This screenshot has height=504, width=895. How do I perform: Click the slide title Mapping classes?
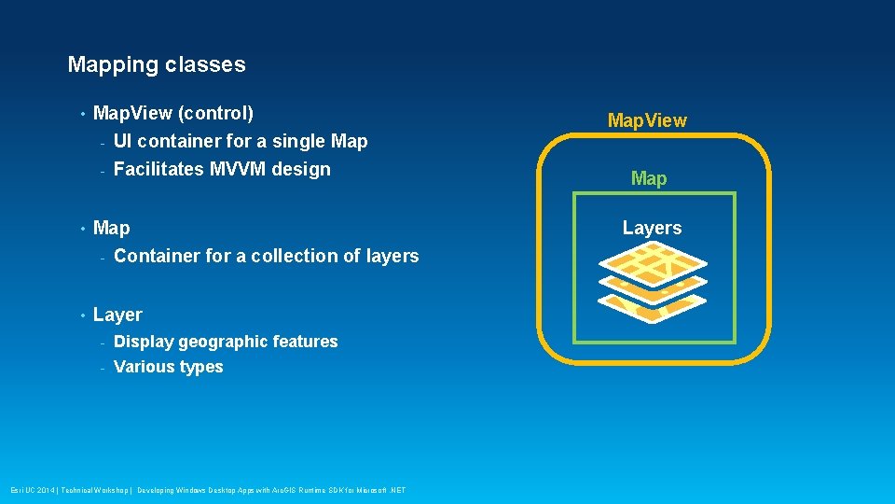pyautogui.click(x=157, y=65)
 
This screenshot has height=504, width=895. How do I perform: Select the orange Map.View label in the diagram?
pyautogui.click(x=647, y=120)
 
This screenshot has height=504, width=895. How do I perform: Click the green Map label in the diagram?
pyautogui.click(x=649, y=178)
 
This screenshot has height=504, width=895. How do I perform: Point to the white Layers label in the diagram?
pyautogui.click(x=652, y=228)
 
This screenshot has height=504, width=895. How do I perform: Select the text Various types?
pyautogui.click(x=168, y=367)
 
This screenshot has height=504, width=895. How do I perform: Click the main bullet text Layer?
pyautogui.click(x=117, y=315)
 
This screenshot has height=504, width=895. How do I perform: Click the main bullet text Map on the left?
pyautogui.click(x=112, y=228)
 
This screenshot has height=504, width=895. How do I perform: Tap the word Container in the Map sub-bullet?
pyautogui.click(x=153, y=256)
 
